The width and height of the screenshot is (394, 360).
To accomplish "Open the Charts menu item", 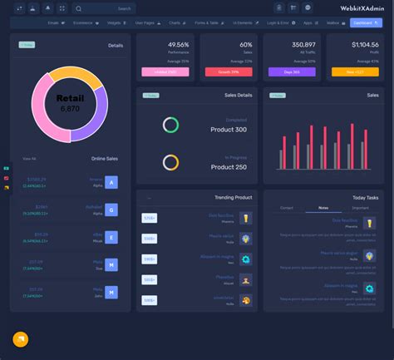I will [x=175, y=23].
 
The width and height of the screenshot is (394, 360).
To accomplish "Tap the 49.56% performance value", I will [x=178, y=44].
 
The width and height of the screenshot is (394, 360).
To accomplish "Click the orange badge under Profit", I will [x=355, y=72].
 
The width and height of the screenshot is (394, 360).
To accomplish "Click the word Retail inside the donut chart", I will [x=70, y=98].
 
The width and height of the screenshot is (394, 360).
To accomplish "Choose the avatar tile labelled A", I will [x=111, y=182].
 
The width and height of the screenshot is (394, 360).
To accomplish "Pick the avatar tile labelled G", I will [x=111, y=210].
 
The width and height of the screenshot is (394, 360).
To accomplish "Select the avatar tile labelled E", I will [x=111, y=237].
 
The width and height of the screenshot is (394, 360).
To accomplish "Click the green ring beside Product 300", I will [x=170, y=125].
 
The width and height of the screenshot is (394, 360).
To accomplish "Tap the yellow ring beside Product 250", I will [x=170, y=162].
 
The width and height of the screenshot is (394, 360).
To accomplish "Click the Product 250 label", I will [x=230, y=166].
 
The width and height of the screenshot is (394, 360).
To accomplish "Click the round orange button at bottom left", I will [x=21, y=339].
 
